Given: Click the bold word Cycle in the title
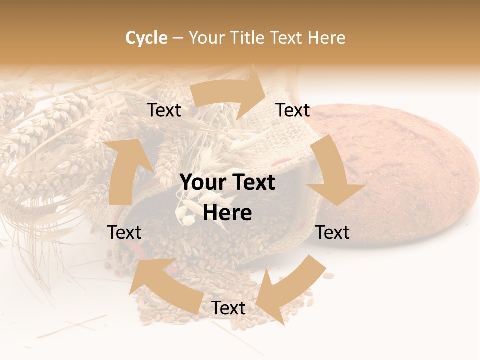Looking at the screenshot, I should coord(146,38).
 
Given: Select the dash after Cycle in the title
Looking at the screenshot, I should coord(177,38).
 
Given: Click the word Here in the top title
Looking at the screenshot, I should coord(327,38).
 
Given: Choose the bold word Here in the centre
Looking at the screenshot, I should coord(227,213).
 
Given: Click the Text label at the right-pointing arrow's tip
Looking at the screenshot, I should coord(293,110).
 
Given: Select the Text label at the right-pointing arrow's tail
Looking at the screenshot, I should coord(164,110).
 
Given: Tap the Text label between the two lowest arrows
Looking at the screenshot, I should coord(228,308).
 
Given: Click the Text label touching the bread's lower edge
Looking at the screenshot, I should coord(333,232).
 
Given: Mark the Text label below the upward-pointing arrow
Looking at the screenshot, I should coord(124,232).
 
